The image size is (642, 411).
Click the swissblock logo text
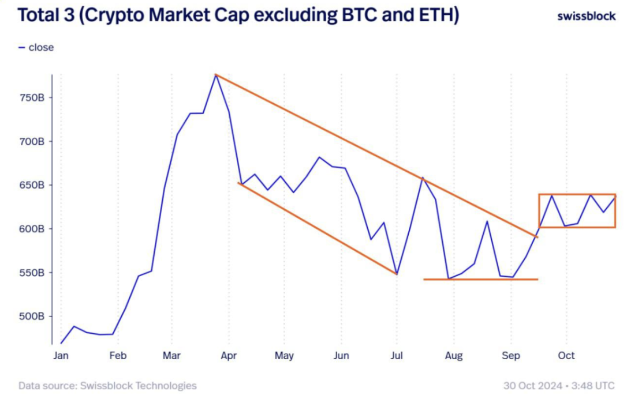pos(586,16)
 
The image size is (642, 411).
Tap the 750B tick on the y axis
pos(33,97)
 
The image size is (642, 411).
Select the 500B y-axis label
pos(33,316)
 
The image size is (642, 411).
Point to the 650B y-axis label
pos(33,185)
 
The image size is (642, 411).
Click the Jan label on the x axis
pos(61,356)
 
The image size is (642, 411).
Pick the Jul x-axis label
pos(397,356)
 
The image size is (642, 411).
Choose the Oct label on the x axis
pos(566,356)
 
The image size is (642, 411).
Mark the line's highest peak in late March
pos(216,75)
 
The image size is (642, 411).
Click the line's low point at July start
pos(397,274)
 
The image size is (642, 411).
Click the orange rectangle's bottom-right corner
pos(615,227)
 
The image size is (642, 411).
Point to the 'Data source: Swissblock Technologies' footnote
pos(107,386)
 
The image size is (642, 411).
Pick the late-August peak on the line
pos(487,221)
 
